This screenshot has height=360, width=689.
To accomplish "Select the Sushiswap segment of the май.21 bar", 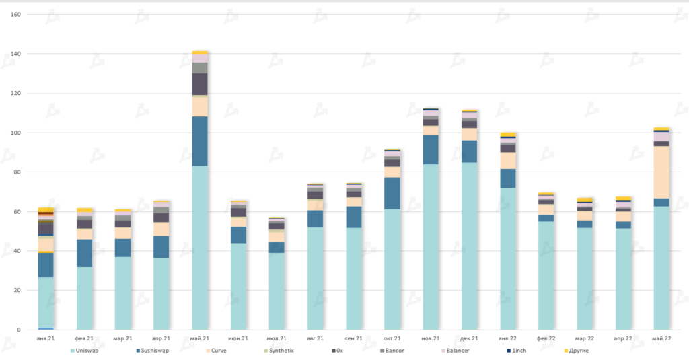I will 200,141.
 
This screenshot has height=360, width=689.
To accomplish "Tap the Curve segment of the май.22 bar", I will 661,172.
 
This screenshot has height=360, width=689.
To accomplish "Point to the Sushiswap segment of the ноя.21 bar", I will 431,149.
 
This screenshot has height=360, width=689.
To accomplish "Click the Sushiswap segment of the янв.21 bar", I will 46,264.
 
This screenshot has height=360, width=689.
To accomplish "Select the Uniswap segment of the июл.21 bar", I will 277,291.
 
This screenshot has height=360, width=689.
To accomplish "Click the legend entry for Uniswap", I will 86,351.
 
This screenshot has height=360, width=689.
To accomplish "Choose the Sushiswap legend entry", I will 152,351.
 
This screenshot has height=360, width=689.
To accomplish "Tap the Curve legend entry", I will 217,351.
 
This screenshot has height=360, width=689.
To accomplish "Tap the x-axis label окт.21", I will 392,338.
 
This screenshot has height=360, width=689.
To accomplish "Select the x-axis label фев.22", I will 546,338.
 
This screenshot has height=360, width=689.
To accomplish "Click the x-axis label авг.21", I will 315,338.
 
